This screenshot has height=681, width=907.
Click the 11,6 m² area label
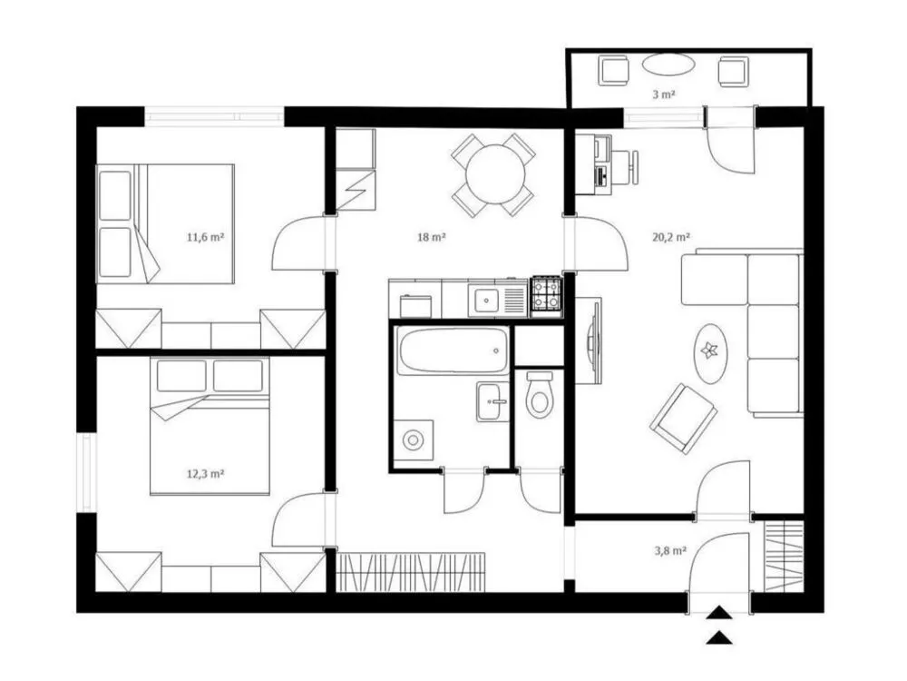(205, 237)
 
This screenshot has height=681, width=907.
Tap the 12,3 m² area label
(205, 474)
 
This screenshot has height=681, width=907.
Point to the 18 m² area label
(432, 237)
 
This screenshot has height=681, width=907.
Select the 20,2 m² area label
(671, 237)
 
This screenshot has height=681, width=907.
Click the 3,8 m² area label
(671, 551)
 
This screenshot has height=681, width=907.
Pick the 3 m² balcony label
(664, 94)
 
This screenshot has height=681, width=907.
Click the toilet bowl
(540, 394)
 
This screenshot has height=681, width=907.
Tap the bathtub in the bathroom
(453, 350)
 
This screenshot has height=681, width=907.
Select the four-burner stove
(546, 296)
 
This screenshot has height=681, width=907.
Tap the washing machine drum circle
(413, 440)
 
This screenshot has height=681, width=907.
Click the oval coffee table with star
(710, 352)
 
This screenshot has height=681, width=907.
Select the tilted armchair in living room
(684, 418)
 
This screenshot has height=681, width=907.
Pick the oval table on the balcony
(668, 64)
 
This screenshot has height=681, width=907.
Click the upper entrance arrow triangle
(718, 613)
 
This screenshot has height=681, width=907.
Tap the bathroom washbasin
(493, 402)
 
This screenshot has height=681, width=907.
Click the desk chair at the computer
(625, 167)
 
